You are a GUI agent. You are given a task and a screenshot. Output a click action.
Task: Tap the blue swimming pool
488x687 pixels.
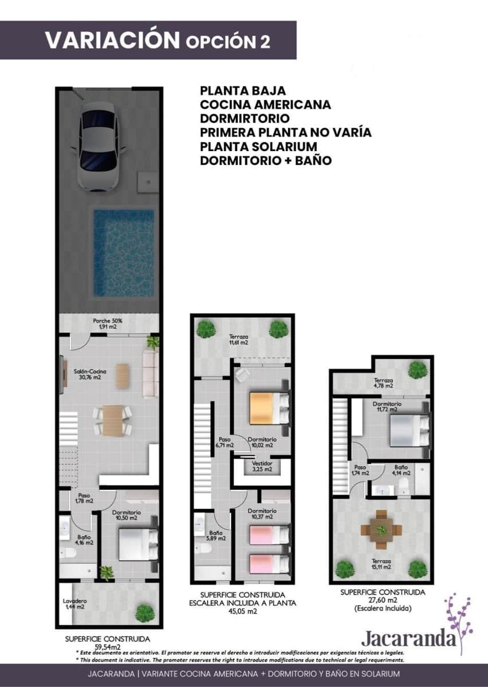click(x=124, y=252)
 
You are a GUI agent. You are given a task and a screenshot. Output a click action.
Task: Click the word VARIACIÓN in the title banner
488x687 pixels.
click(x=112, y=40)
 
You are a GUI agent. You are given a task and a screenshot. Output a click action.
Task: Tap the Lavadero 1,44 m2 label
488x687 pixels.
click(x=74, y=604)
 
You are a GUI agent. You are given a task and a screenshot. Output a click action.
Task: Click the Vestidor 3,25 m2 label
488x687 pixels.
click(x=262, y=466)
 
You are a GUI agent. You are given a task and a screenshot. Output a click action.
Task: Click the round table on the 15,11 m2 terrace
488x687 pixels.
click(x=381, y=530)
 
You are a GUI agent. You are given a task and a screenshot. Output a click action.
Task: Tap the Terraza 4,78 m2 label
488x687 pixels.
click(x=383, y=383)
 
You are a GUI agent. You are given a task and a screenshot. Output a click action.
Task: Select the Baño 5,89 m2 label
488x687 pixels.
click(x=212, y=535)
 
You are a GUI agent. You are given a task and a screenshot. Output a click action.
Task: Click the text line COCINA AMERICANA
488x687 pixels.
click(x=265, y=105)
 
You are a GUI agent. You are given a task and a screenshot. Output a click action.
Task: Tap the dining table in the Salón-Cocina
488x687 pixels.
click(x=112, y=421)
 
